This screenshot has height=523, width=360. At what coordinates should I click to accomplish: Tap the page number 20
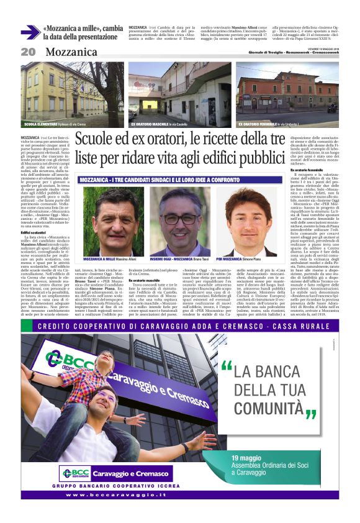click(28, 52)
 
